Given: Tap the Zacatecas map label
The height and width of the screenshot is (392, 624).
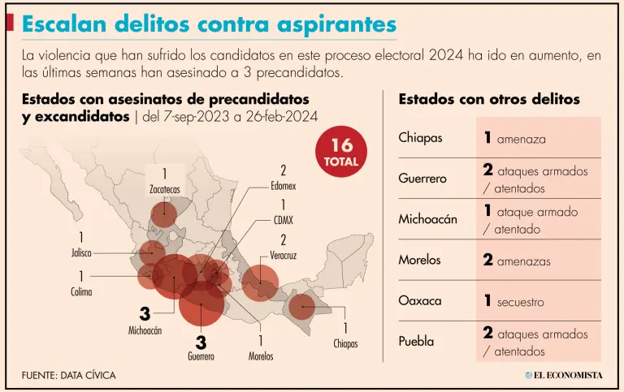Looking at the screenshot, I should tap(164, 189).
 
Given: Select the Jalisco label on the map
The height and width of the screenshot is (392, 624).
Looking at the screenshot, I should tap(81, 252).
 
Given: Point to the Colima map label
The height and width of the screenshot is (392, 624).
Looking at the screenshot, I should tap(81, 291).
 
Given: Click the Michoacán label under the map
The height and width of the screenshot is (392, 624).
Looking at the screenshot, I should tap(145, 330).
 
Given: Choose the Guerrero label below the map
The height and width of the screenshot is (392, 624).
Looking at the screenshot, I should tap(201, 355).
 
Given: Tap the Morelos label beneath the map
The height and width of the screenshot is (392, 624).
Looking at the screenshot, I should tap(261, 355).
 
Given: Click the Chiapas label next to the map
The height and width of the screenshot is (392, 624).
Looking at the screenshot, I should tap(345, 343).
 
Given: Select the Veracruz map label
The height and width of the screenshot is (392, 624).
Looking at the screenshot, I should tap(284, 255).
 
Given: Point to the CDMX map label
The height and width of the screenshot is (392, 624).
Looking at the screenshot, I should tap(284, 220).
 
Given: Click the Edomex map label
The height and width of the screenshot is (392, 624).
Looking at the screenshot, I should tap(284, 185).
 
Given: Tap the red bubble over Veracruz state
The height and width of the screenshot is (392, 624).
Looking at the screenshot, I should tap(261, 283).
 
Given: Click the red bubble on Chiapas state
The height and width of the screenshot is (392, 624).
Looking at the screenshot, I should tap(302, 307).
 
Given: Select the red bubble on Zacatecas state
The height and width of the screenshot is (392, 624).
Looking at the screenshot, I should tap(163, 214).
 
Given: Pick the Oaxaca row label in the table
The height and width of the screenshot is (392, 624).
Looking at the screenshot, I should tap(420, 301).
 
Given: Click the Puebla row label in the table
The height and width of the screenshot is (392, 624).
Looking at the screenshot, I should tap(416, 342).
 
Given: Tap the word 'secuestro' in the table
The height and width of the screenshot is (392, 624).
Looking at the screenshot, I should tap(520, 302).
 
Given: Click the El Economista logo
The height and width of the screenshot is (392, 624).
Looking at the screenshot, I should tap(563, 374).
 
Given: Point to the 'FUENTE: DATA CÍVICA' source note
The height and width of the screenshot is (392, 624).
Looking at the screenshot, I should tap(69, 375).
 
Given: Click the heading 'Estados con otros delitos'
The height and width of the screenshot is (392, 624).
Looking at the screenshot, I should tap(489, 99).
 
